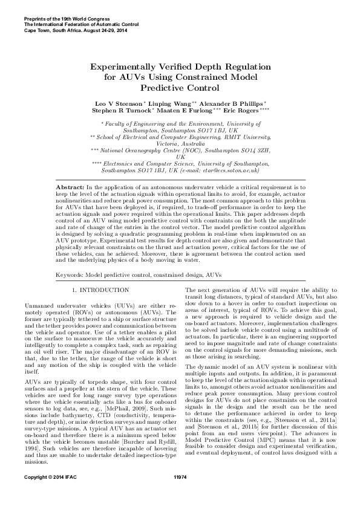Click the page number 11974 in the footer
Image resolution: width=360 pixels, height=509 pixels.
(180, 494)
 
